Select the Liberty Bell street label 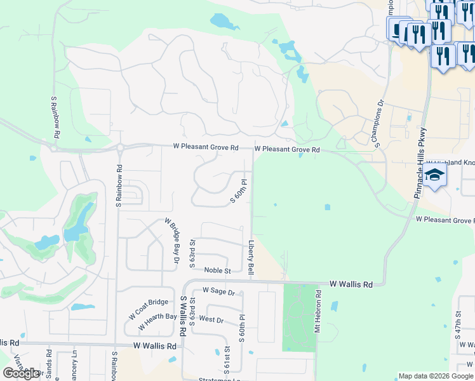click(x=251, y=258)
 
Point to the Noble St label click(x=217, y=271)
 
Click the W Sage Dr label click(x=218, y=291)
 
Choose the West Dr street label click(x=211, y=319)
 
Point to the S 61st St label click(x=227, y=359)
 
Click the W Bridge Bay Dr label click(x=172, y=238)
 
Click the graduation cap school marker click(x=435, y=175)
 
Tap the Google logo click(x=21, y=373)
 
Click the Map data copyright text click(x=436, y=376)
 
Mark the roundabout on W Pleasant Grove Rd click(x=119, y=149)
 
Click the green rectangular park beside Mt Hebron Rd click(x=298, y=317)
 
